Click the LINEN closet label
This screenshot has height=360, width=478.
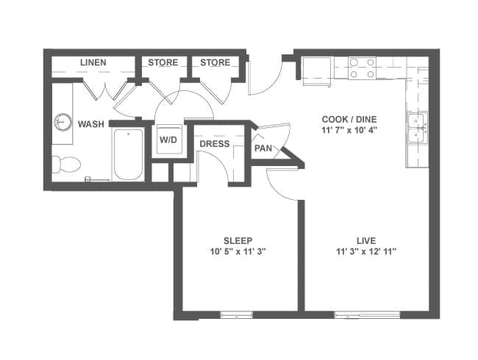[93, 62]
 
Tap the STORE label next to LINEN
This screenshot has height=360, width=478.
[163, 62]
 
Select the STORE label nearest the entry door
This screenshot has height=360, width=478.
[215, 62]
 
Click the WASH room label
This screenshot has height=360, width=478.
[91, 124]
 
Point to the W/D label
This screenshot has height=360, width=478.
[168, 140]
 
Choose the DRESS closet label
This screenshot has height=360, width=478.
[215, 144]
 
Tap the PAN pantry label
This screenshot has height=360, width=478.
[263, 148]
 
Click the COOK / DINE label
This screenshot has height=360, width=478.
[349, 119]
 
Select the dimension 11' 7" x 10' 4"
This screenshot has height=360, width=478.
[349, 130]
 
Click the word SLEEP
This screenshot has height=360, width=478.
[238, 240]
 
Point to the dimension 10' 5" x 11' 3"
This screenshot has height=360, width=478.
[238, 251]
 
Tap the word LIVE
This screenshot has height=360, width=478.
[366, 240]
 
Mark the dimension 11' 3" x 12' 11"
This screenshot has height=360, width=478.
[366, 251]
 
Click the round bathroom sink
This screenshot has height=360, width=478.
[63, 123]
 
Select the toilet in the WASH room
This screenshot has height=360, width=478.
[66, 165]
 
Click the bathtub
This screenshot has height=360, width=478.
[129, 155]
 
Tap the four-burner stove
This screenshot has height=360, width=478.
[362, 68]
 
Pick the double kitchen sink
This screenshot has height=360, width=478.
[417, 128]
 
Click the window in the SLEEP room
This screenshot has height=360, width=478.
[237, 314]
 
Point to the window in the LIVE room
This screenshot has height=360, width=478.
[368, 314]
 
